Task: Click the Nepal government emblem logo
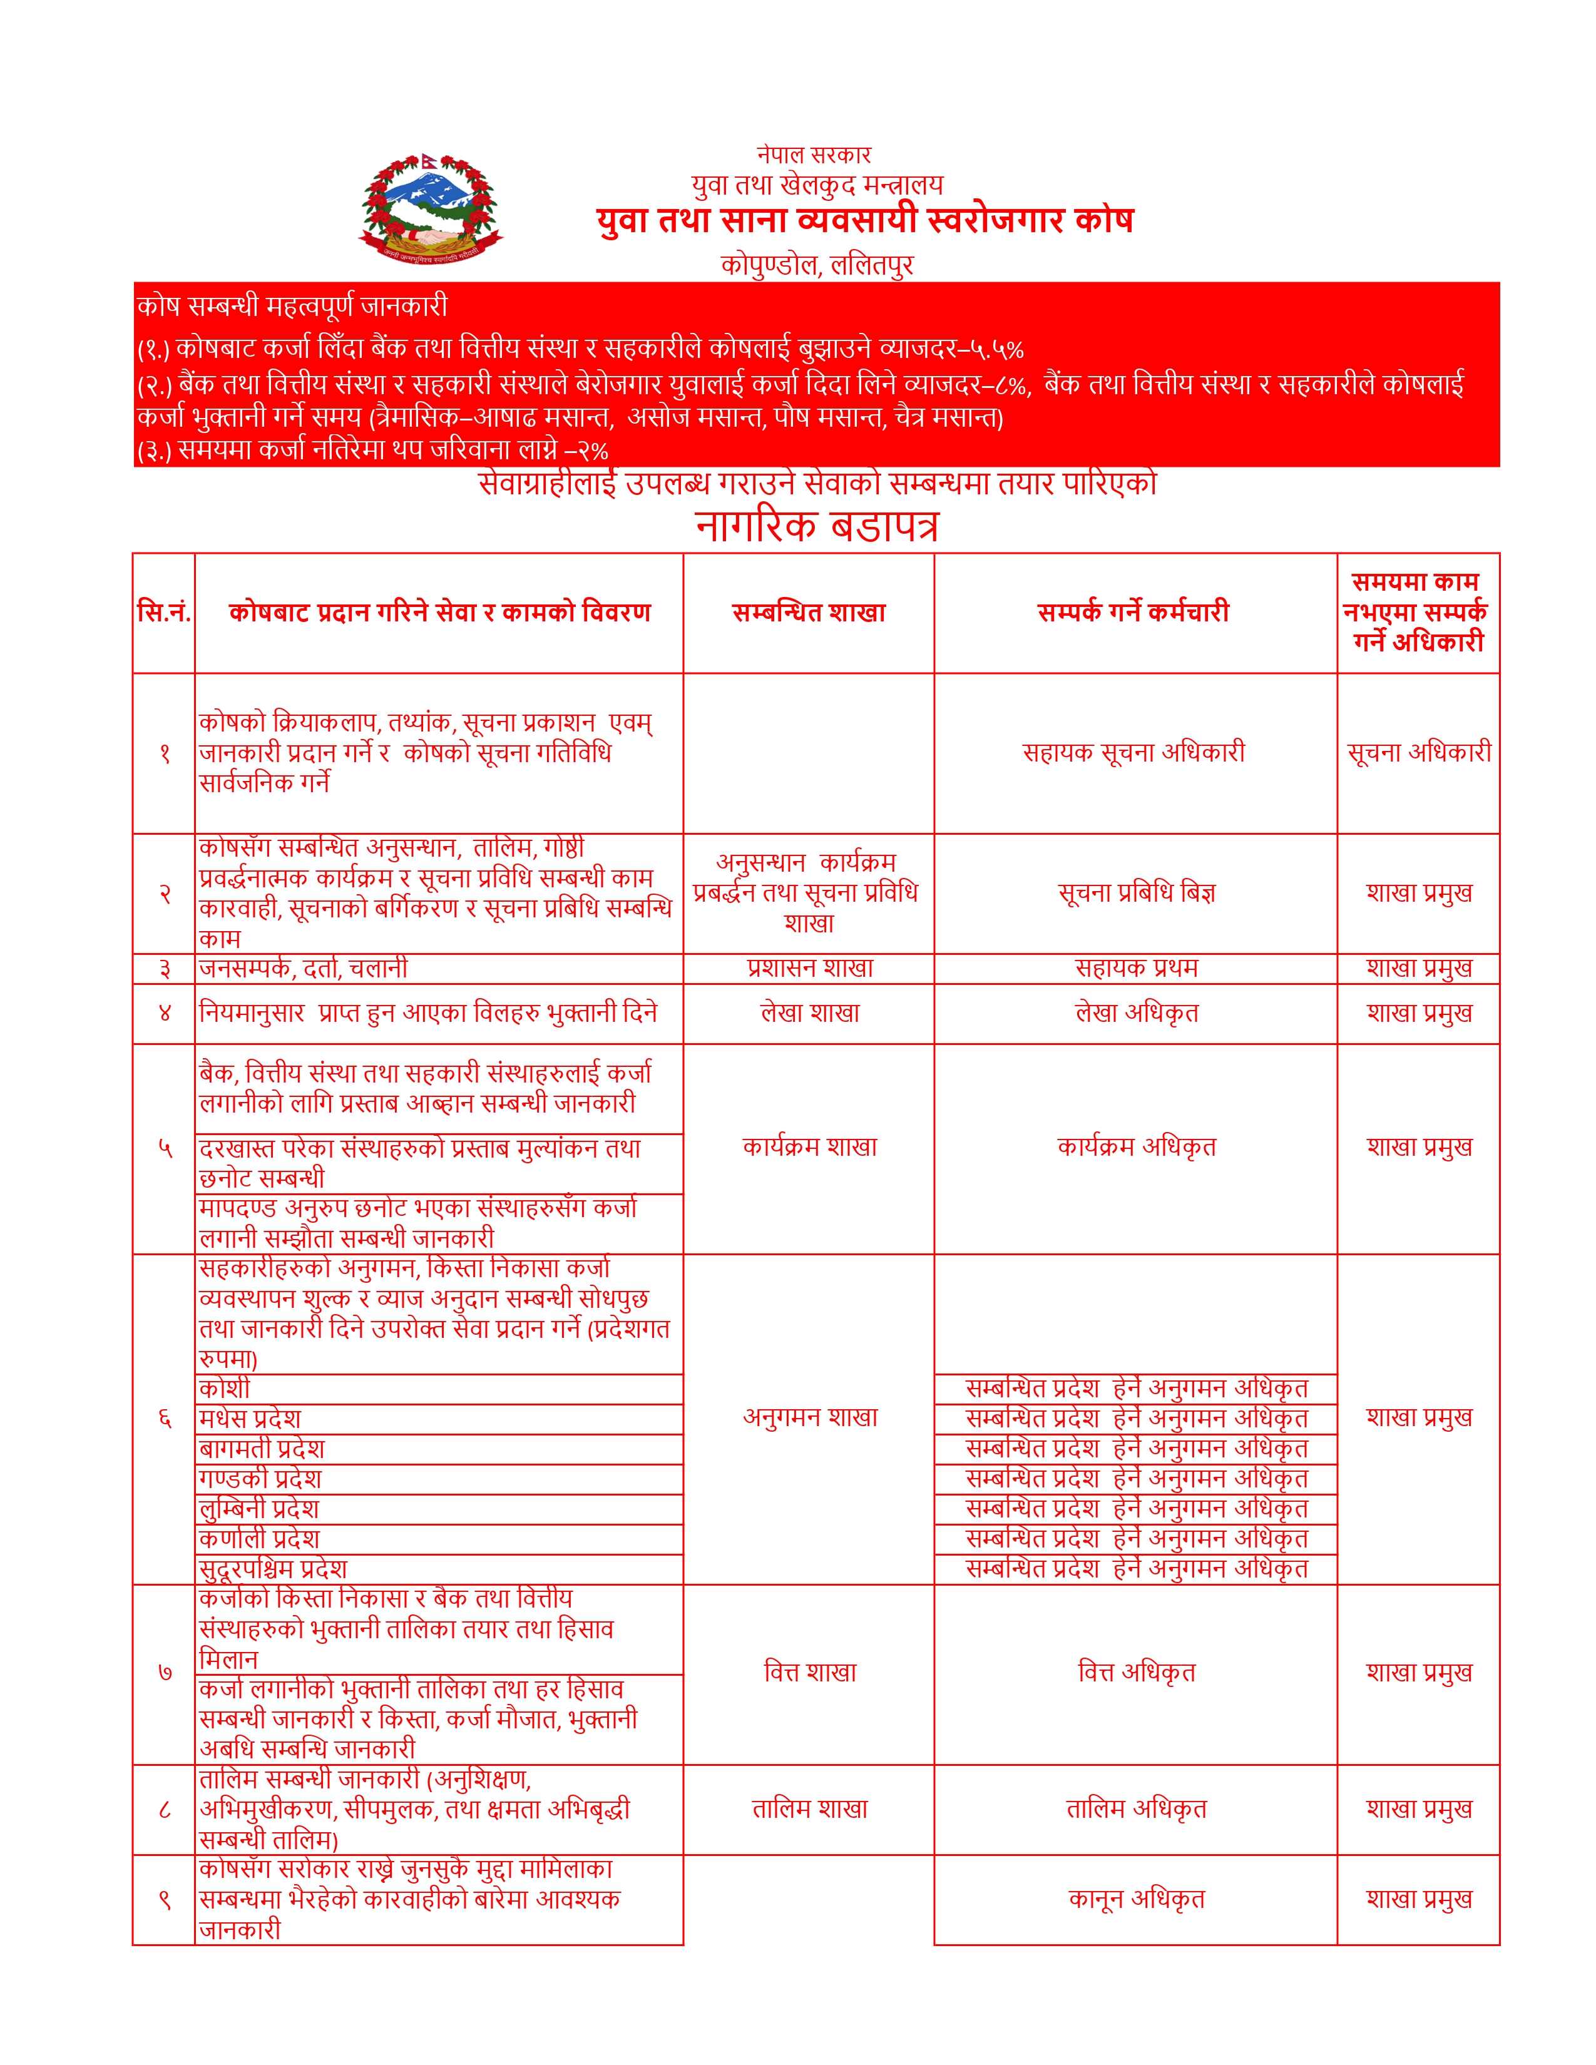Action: pos(431,209)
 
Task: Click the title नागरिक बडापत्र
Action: pos(817,526)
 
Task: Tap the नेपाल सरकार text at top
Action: pos(813,154)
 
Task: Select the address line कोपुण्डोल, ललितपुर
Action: pos(817,264)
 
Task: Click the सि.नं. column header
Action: pos(165,613)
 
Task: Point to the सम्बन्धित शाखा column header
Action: pos(809,613)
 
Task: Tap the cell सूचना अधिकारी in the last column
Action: pos(1418,753)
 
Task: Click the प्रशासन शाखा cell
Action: pos(809,968)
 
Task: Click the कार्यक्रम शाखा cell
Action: pos(809,1147)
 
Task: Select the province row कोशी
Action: pos(225,1389)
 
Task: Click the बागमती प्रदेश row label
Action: pos(262,1449)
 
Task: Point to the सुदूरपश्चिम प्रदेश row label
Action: pos(274,1569)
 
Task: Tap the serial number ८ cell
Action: pos(165,1809)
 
